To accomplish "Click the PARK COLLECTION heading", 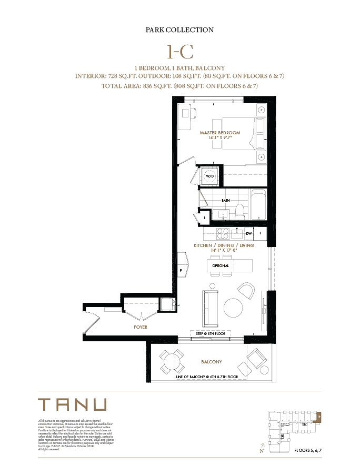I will pyautogui.click(x=179, y=31).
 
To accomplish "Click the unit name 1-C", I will pyautogui.click(x=179, y=52).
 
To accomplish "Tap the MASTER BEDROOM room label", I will pyautogui.click(x=219, y=133).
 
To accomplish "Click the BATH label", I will pyautogui.click(x=226, y=201).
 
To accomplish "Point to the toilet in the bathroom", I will pyautogui.click(x=240, y=211).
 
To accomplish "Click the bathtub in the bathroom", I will pyautogui.click(x=258, y=204).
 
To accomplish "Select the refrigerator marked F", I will pyautogui.click(x=260, y=233).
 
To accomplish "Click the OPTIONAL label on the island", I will pyautogui.click(x=221, y=266).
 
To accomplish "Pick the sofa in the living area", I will pyautogui.click(x=209, y=308).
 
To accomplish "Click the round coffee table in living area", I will pyautogui.click(x=233, y=307).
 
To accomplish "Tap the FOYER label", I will pyautogui.click(x=141, y=327).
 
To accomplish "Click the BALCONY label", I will pyautogui.click(x=212, y=362).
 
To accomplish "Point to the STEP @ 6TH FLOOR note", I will pyautogui.click(x=211, y=334).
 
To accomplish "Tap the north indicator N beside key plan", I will pyautogui.click(x=262, y=451).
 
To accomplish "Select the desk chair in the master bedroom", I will pyautogui.click(x=193, y=112).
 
